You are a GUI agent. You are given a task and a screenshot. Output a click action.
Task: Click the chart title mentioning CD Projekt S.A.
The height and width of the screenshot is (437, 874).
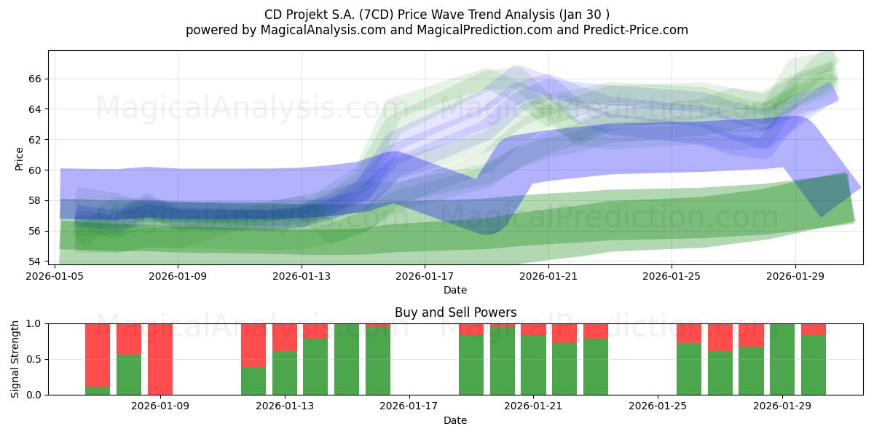(x=436, y=14)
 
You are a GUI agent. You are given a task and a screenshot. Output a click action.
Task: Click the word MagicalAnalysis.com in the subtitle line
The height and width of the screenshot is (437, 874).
(x=318, y=30)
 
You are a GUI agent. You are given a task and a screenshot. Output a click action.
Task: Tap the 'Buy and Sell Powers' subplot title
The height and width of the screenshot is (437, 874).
(x=455, y=312)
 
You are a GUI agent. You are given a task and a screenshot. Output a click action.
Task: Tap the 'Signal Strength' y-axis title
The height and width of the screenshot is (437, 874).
(x=15, y=359)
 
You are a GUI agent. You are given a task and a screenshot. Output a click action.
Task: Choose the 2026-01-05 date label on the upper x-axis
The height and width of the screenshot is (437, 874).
(x=55, y=277)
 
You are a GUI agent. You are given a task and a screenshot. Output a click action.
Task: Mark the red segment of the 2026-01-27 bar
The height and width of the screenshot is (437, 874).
(x=720, y=337)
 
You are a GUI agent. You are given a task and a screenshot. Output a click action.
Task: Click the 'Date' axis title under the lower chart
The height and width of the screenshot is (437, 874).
(x=455, y=420)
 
